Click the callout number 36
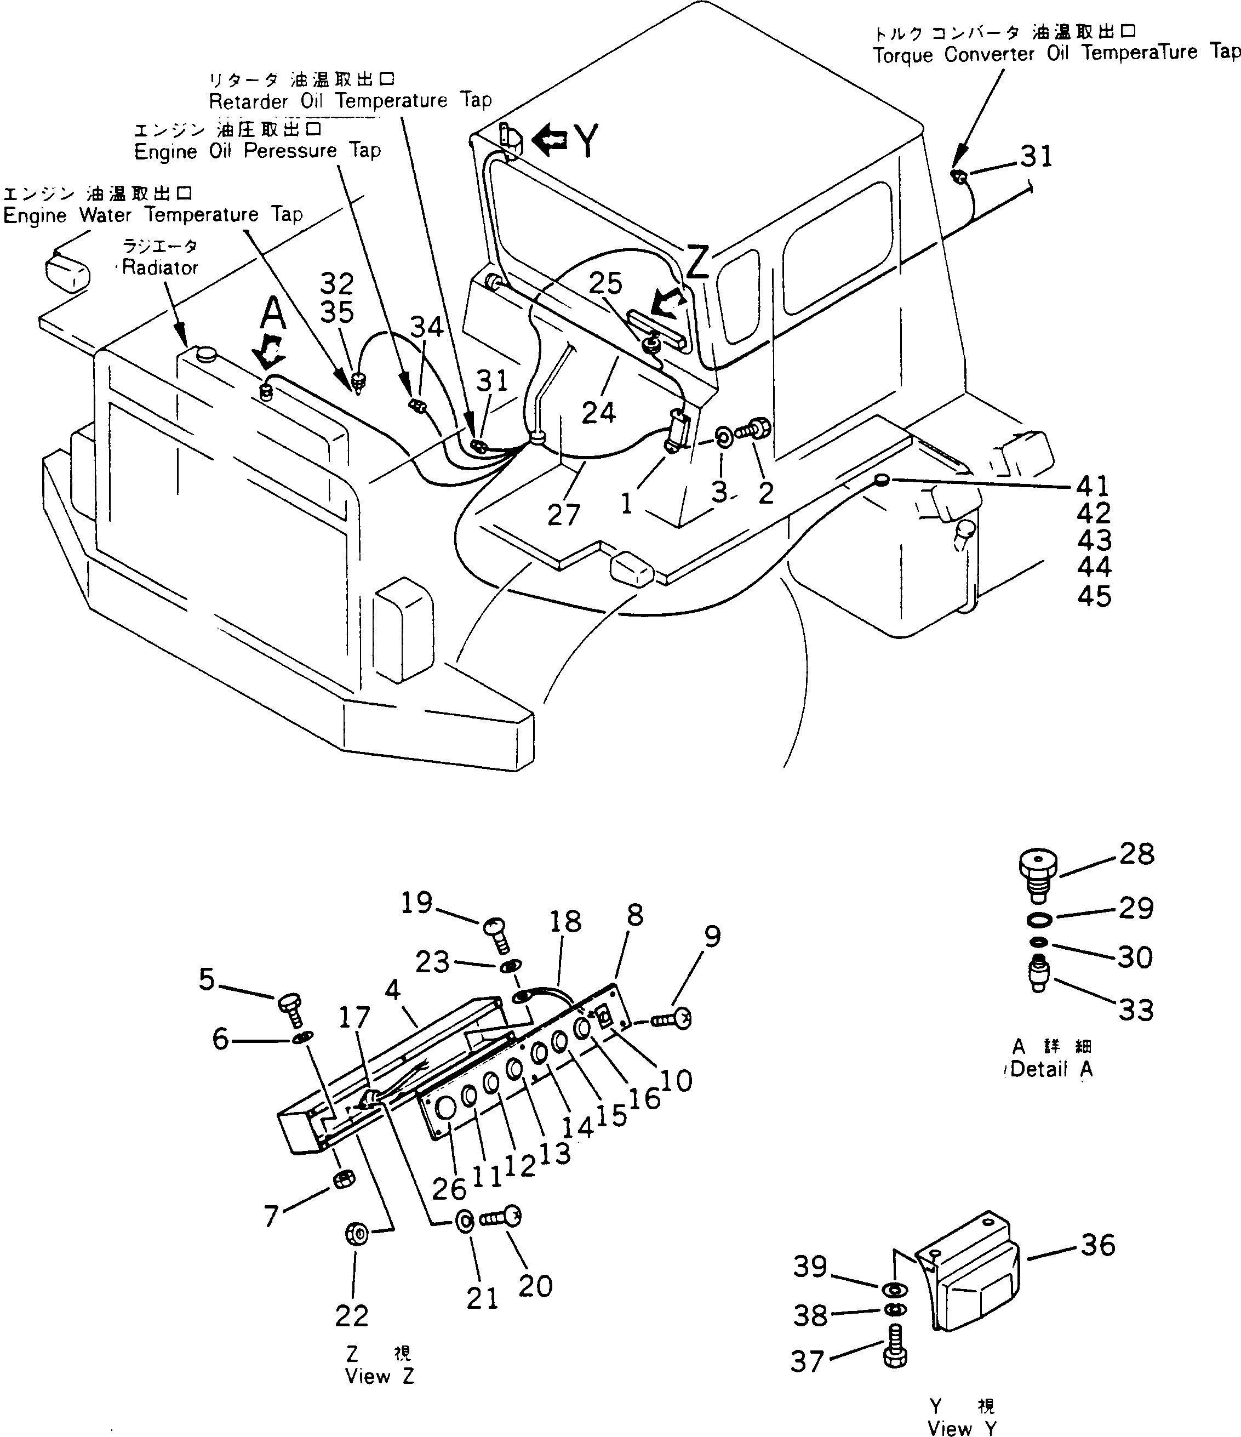1097,1245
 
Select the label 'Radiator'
159,267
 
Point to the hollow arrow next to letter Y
550,138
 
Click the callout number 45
1094,596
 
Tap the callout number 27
563,515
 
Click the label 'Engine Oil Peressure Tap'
257,151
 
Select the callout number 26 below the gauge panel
449,1189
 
